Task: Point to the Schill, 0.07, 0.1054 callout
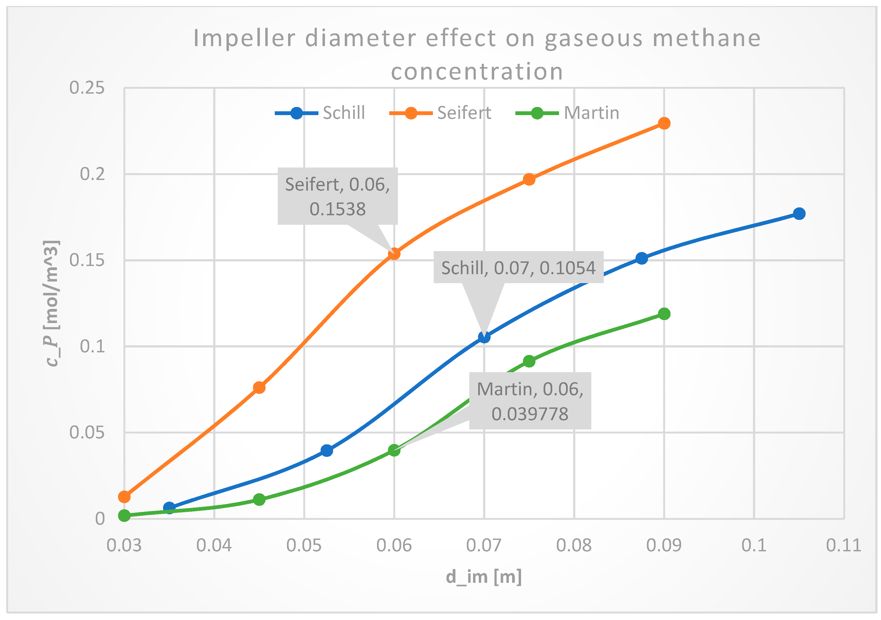pyautogui.click(x=518, y=268)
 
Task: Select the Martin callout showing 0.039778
pyautogui.click(x=530, y=401)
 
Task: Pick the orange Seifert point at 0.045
pyautogui.click(x=259, y=388)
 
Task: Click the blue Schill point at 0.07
pyautogui.click(x=484, y=337)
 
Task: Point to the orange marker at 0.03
pyautogui.click(x=124, y=497)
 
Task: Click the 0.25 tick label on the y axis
pyautogui.click(x=87, y=88)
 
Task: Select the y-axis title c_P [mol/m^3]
pyautogui.click(x=52, y=303)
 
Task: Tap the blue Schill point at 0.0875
pyautogui.click(x=641, y=258)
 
